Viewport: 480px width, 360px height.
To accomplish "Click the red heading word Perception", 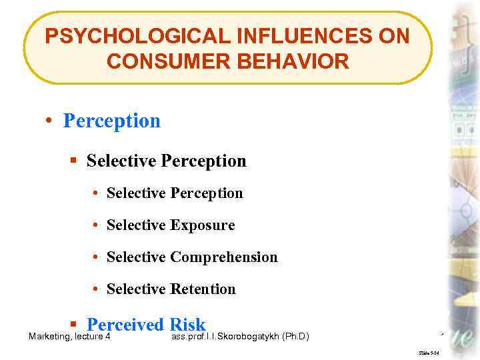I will [111, 121].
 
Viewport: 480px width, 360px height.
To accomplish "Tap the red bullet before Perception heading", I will [49, 121].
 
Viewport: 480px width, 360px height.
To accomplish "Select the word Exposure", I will [202, 225].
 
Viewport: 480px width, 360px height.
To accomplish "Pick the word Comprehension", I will [223, 257].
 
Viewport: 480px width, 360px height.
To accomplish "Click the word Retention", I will [203, 289].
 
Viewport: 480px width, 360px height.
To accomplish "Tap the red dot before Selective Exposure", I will [97, 225].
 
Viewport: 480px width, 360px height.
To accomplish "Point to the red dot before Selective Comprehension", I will [97, 257].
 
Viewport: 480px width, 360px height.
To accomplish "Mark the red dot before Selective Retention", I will [97, 289].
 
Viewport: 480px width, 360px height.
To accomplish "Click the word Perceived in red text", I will [125, 325].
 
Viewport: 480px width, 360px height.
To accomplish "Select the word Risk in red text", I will [187, 325].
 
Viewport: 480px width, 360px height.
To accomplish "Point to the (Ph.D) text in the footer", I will [296, 337].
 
